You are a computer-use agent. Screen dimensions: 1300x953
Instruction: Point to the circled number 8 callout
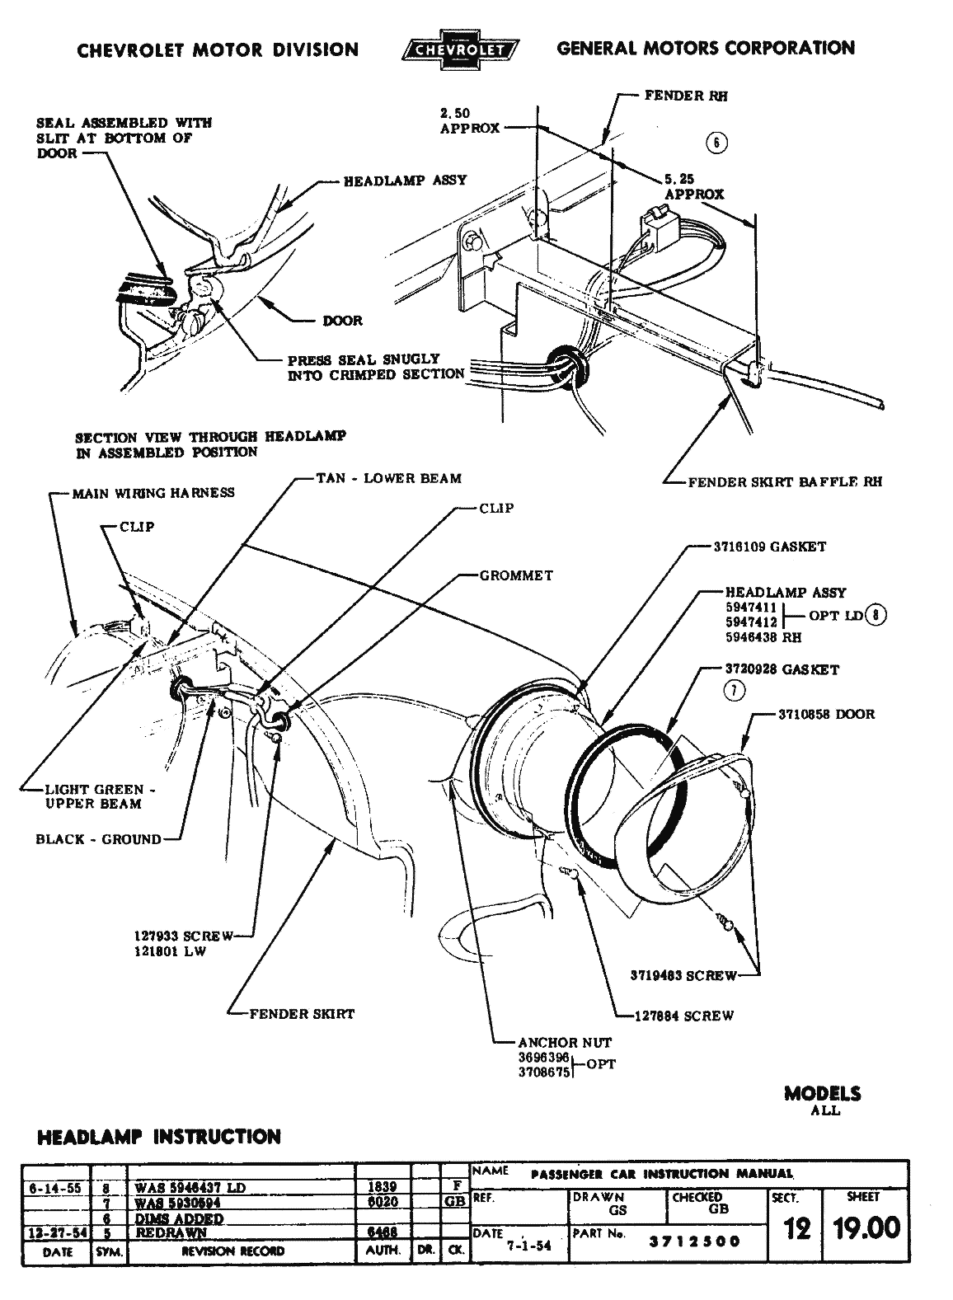[878, 615]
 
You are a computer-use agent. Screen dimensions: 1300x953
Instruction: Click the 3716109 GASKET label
[768, 547]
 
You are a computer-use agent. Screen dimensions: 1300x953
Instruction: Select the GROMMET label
[516, 575]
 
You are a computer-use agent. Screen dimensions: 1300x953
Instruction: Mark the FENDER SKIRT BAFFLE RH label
[784, 481]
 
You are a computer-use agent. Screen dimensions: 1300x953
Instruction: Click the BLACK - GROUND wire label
[98, 839]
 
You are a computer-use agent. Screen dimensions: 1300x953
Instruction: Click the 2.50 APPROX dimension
[469, 120]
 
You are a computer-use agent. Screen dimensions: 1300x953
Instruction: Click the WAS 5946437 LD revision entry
[190, 1188]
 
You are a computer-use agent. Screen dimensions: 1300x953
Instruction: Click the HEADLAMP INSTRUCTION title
[159, 1138]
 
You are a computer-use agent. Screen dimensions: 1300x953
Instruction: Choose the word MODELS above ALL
[822, 1094]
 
